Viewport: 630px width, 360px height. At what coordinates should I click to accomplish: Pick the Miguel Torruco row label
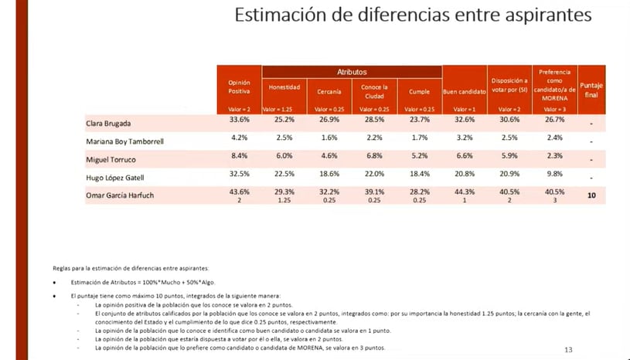[x=112, y=159]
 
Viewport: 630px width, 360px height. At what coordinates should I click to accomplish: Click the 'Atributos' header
[x=352, y=71]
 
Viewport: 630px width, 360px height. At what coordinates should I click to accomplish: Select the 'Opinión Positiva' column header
[x=239, y=87]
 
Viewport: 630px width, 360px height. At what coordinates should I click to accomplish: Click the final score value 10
[x=591, y=195]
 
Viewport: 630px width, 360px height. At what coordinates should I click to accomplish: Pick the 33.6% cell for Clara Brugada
[x=240, y=121]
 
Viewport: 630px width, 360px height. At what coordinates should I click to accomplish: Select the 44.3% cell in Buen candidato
[x=464, y=192]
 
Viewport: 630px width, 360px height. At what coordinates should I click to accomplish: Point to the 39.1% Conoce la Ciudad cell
[x=374, y=192]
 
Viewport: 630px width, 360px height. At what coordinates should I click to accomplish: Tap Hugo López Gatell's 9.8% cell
[x=553, y=174]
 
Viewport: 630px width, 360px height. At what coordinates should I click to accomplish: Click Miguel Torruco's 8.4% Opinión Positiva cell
[x=240, y=156]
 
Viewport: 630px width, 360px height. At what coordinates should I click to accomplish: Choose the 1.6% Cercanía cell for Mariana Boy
[x=329, y=138]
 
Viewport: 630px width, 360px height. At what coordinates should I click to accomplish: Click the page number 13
[x=568, y=350]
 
